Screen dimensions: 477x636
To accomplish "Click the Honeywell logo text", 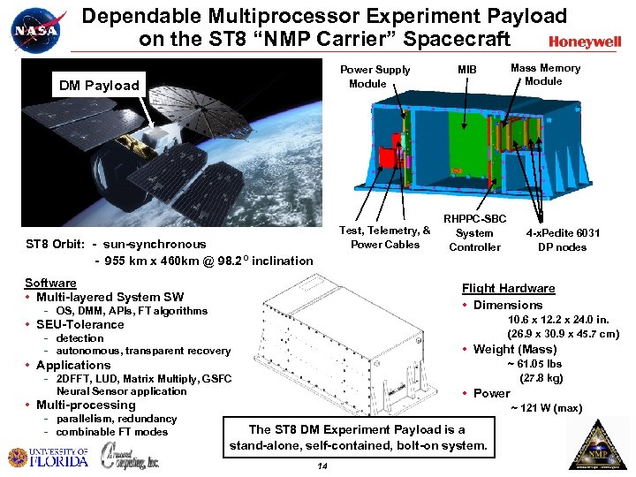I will (x=584, y=42).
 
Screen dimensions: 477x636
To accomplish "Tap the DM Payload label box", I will (x=99, y=86).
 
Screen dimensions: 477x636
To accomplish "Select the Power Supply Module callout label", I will (x=375, y=77).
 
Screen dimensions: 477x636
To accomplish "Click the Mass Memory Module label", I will (x=545, y=74).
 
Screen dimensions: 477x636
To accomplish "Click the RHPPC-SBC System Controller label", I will (x=474, y=232).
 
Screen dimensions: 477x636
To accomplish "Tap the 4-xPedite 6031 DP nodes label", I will (x=563, y=239).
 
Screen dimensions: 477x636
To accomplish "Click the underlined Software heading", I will (x=50, y=283).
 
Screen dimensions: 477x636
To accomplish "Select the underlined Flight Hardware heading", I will (x=508, y=288).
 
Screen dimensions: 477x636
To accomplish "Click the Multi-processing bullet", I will (x=85, y=405).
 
